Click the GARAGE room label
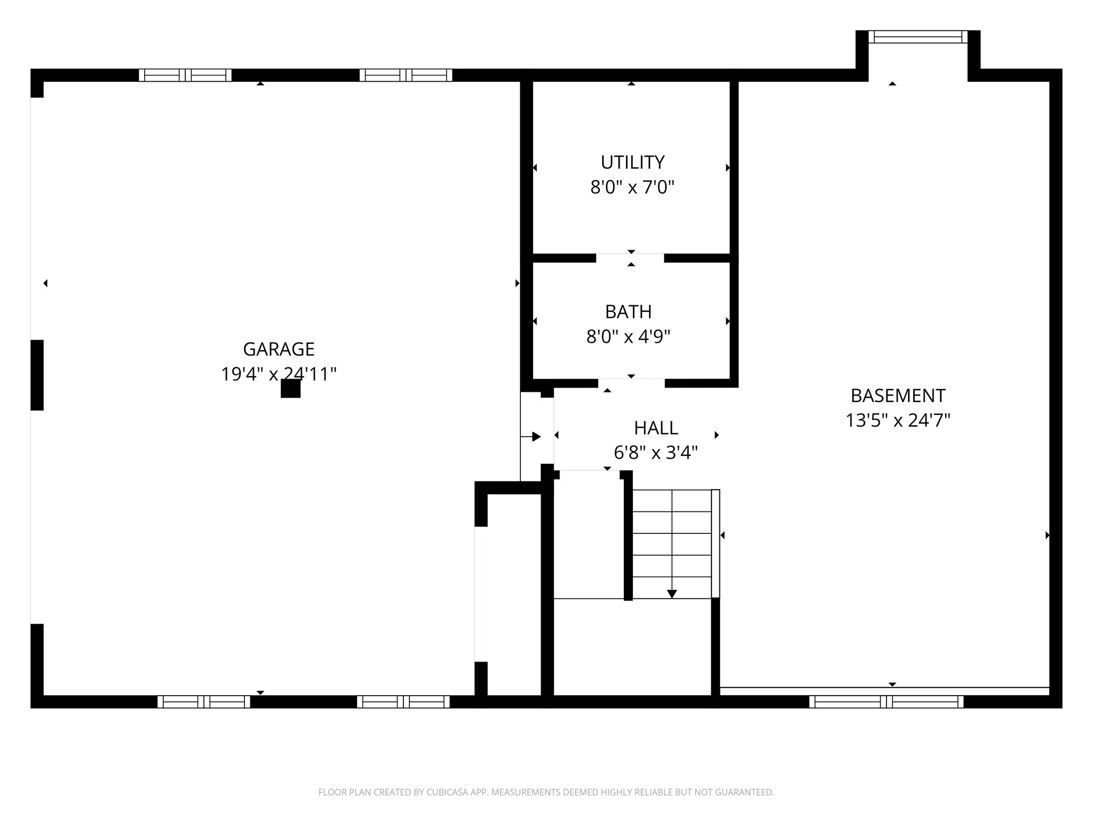(x=279, y=349)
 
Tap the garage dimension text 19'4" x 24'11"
(x=279, y=374)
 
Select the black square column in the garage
(x=290, y=389)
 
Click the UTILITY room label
(x=632, y=162)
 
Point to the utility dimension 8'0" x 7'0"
(x=632, y=188)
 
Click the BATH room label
(x=628, y=312)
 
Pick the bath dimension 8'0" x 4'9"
(x=628, y=337)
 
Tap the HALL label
(x=656, y=428)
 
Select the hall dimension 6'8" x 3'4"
(x=656, y=453)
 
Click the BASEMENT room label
(x=898, y=396)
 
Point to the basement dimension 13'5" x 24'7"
(x=898, y=421)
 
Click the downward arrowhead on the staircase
(x=672, y=594)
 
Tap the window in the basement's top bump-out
(x=918, y=37)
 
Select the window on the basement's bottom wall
(x=886, y=701)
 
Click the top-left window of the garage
(x=185, y=75)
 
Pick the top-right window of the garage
(x=406, y=75)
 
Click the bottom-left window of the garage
(x=203, y=701)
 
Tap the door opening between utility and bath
(x=630, y=258)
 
